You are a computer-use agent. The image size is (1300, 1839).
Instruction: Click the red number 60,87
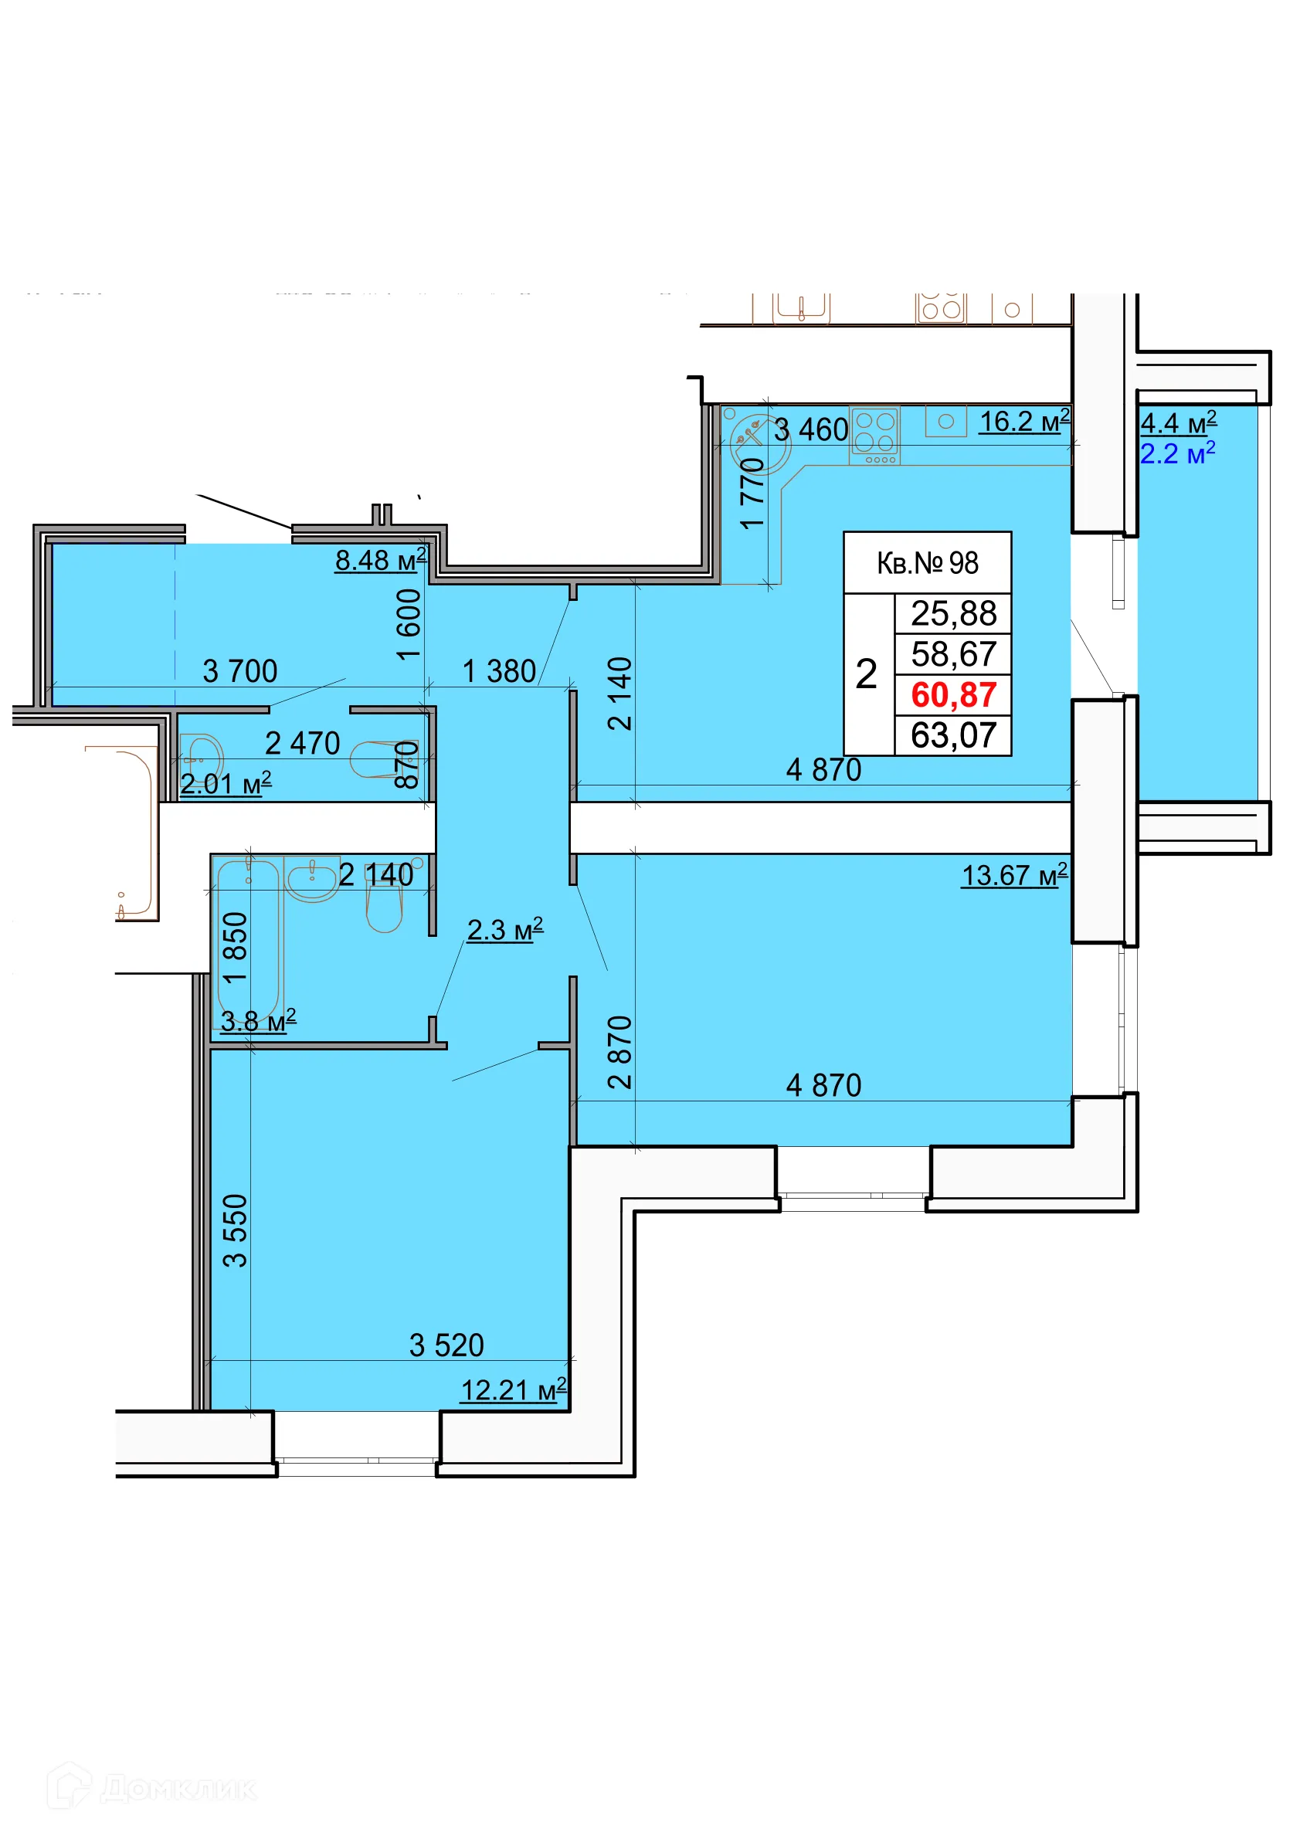[x=953, y=694]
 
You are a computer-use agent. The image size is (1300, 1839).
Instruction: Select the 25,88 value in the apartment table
[x=953, y=613]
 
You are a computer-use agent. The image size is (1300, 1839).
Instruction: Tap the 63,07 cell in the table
[x=953, y=735]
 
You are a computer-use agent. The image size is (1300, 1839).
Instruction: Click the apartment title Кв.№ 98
[x=928, y=563]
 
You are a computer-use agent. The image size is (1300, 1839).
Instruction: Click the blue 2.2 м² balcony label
[x=1177, y=453]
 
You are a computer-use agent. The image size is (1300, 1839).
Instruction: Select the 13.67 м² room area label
[x=1014, y=874]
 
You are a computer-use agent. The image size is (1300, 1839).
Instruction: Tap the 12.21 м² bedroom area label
[x=514, y=1389]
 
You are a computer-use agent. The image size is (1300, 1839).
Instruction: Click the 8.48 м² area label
[x=381, y=560]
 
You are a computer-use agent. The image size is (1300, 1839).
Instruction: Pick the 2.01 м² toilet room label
[x=226, y=783]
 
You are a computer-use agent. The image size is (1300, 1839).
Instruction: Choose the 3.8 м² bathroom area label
[x=258, y=1020]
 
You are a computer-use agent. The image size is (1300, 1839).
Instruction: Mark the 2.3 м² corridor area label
[x=504, y=929]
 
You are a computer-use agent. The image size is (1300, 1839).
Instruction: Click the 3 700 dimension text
[x=239, y=671]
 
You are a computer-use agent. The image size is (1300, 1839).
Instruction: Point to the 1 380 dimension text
[x=499, y=671]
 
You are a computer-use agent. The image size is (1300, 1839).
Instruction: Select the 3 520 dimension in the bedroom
[x=446, y=1345]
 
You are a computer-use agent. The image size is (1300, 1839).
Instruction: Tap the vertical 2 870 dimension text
[x=620, y=1053]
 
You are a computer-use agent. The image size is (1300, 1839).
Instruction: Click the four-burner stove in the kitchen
[x=874, y=436]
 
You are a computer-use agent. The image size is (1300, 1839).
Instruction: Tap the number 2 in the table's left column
[x=866, y=674]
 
